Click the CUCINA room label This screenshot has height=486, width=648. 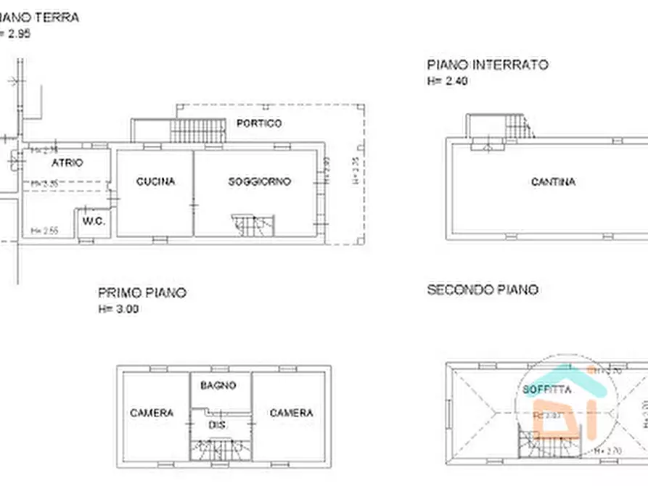(155, 181)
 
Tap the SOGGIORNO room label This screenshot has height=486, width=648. (259, 181)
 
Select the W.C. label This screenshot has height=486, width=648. (94, 221)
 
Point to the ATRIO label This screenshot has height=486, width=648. (67, 163)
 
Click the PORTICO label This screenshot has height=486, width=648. (259, 123)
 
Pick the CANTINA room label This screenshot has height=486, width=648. (553, 181)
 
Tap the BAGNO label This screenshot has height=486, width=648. (218, 386)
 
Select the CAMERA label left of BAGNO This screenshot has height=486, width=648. (152, 413)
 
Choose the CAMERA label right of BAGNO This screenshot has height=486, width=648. (291, 413)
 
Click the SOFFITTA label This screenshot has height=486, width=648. (546, 390)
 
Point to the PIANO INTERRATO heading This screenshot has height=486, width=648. (487, 65)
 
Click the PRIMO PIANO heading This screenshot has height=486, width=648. (142, 293)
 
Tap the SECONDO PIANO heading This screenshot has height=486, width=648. (483, 289)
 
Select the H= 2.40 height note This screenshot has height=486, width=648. (447, 81)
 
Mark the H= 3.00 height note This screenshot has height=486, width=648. (118, 309)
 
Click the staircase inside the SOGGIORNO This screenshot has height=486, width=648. (253, 225)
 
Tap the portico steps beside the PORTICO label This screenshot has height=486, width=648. (194, 131)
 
